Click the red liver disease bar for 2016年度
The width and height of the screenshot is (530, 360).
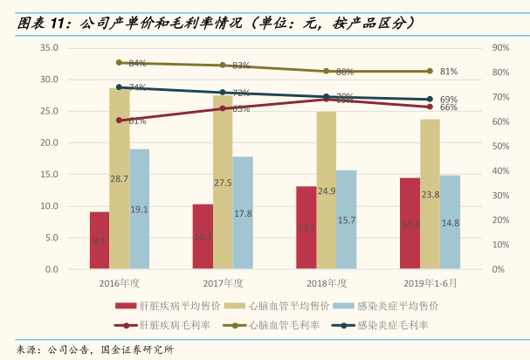[100, 240]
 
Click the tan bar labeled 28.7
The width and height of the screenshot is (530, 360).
[120, 178]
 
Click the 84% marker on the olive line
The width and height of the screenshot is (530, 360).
[120, 62]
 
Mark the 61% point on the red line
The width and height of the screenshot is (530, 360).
[120, 120]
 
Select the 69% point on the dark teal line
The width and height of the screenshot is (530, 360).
[429, 100]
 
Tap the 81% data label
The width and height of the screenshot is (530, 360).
[449, 71]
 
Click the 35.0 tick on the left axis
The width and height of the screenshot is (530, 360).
[49, 48]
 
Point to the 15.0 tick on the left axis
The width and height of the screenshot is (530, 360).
[49, 175]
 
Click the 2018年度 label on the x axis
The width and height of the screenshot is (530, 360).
[327, 283]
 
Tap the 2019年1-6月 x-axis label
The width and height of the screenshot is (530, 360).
[430, 283]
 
